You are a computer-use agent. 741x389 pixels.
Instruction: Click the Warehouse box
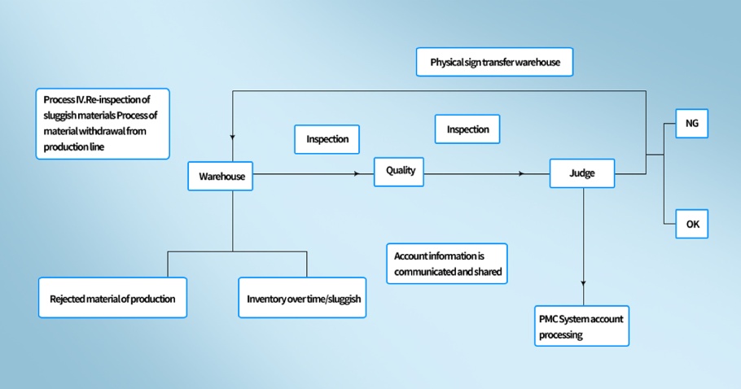[x=220, y=177]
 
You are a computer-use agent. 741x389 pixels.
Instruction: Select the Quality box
[x=399, y=171]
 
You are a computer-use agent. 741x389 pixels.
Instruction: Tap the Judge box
[x=582, y=173]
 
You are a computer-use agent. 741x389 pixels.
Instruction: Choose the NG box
[x=692, y=124]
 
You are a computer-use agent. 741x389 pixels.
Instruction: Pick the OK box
[x=692, y=224]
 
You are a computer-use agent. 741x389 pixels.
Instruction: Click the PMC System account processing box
[x=581, y=326]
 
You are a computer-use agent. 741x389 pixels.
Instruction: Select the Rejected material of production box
[x=112, y=299]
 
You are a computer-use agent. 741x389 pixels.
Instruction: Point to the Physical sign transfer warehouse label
[x=495, y=62]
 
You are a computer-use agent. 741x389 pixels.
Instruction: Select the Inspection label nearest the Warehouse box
[x=327, y=139]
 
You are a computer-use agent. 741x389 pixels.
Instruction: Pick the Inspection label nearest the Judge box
[x=468, y=129]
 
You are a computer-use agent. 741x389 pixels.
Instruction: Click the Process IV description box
[x=103, y=123]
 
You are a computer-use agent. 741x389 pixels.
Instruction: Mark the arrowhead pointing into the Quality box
[x=357, y=174]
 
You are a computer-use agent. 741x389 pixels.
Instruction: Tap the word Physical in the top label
[x=447, y=62]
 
